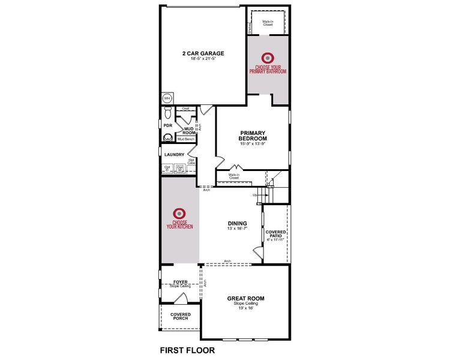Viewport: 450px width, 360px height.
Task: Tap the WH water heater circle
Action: coord(167,98)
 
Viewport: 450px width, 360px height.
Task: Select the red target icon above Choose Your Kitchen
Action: coord(178,213)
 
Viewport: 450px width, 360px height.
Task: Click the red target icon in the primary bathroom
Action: coord(268,58)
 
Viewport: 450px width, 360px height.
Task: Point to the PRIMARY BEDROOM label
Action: coord(253,136)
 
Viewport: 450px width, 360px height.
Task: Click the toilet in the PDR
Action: coord(167,113)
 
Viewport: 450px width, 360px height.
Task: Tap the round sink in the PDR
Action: coord(167,137)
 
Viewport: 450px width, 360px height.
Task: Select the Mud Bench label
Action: coord(186,139)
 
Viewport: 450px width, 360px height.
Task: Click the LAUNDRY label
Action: coord(174,154)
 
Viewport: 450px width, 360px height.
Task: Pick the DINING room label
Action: coord(237,223)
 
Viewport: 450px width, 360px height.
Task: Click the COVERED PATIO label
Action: coord(277,234)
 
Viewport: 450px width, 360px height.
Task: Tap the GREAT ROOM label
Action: coord(245,298)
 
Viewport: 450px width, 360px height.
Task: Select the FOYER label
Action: coord(181,281)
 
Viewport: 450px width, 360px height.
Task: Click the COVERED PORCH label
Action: coord(180,316)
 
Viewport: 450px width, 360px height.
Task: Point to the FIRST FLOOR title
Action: coord(187,349)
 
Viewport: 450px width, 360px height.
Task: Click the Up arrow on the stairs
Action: coord(255,195)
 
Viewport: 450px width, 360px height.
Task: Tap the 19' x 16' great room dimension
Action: coord(245,308)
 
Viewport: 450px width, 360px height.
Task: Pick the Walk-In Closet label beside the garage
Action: coord(267,23)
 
